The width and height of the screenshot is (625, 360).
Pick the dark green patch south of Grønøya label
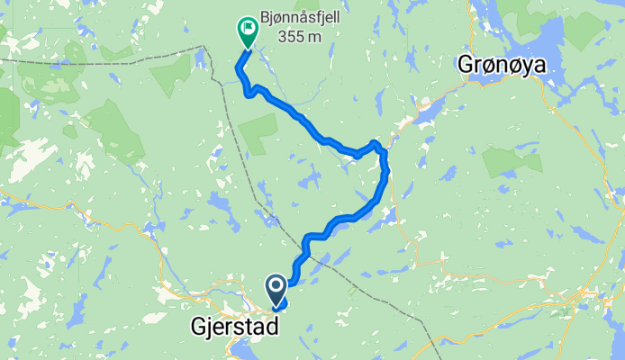(511, 159)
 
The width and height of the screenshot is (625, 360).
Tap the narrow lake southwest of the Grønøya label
(427, 112)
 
